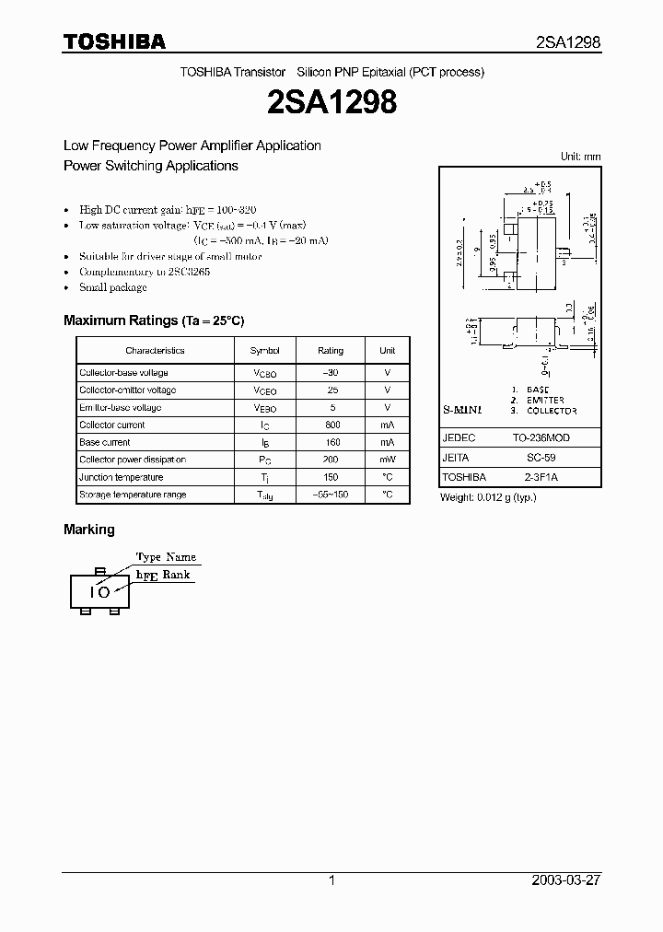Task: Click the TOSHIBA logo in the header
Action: (x=114, y=41)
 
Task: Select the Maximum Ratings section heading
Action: (x=154, y=320)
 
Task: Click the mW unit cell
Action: (x=388, y=460)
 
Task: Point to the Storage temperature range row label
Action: (x=133, y=495)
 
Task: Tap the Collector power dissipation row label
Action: (x=133, y=460)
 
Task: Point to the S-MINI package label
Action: (x=463, y=409)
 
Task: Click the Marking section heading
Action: (x=89, y=530)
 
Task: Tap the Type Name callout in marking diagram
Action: (x=166, y=557)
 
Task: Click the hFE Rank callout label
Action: (x=163, y=574)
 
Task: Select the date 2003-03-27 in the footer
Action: (x=566, y=880)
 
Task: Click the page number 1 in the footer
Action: (x=331, y=880)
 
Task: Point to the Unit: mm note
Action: (x=580, y=157)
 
